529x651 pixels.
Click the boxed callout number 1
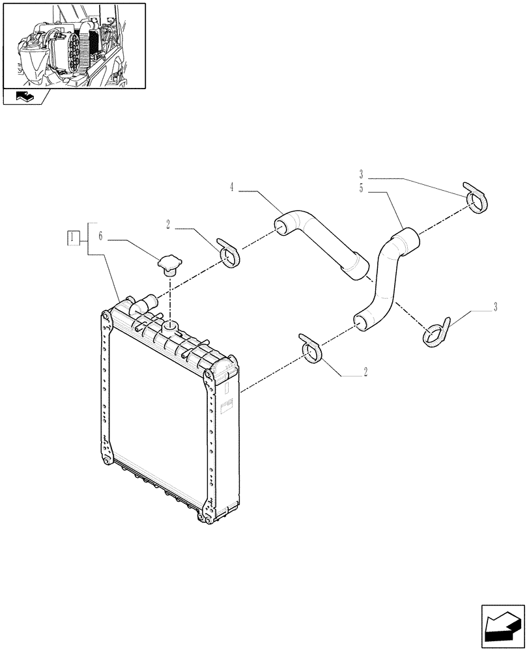[73, 238]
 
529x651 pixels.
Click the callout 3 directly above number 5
[362, 174]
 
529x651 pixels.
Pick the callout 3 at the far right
[495, 307]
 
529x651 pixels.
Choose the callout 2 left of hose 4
[168, 225]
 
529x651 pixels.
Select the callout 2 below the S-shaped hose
[365, 373]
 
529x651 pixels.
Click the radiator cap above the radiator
[169, 265]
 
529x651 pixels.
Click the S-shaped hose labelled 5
[384, 280]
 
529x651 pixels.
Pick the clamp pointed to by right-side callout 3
[436, 331]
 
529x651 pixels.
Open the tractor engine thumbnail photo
[74, 46]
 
